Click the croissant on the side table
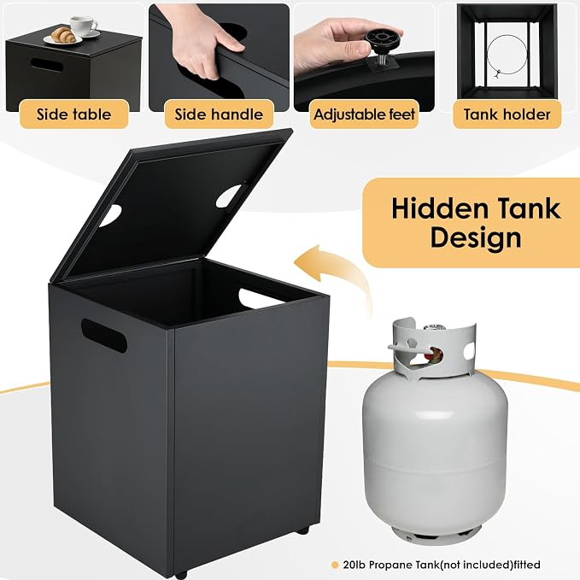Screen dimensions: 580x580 [x=63, y=35]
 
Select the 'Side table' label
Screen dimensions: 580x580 [x=73, y=114]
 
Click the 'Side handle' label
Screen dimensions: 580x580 [x=219, y=114]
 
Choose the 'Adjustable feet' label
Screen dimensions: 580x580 [x=364, y=114]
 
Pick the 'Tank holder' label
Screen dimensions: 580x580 [x=507, y=114]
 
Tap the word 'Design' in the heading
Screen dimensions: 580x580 [x=476, y=238]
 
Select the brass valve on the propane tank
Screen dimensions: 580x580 [x=434, y=354]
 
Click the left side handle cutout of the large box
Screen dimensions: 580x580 [x=104, y=336]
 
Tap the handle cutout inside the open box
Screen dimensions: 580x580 [x=259, y=298]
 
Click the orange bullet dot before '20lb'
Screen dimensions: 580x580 [x=335, y=565]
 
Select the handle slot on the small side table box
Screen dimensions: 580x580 [x=47, y=66]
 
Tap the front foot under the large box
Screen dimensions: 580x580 [x=181, y=575]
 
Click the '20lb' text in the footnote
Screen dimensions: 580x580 [x=354, y=565]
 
